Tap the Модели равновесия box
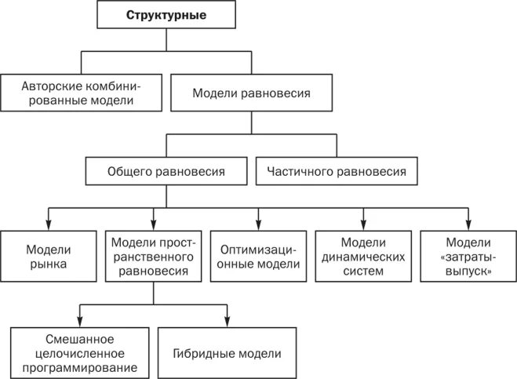point(251,93)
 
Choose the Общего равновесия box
point(166,171)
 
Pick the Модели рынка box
point(49,257)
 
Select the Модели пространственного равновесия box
point(153,257)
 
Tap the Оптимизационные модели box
point(258,257)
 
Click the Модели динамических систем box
point(362,257)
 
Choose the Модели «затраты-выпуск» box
point(468,257)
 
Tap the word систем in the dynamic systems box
point(362,271)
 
